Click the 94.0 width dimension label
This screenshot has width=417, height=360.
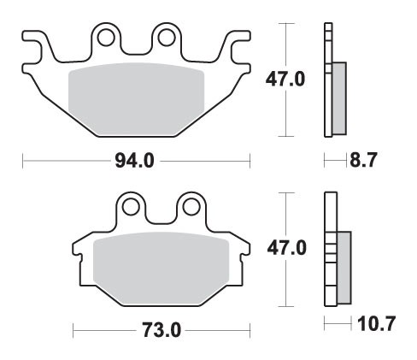[x=135, y=160]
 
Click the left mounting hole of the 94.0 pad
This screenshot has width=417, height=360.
[x=105, y=38]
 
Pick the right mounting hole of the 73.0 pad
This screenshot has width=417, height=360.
[x=188, y=206]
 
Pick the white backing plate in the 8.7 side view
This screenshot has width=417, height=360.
[x=327, y=81]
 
